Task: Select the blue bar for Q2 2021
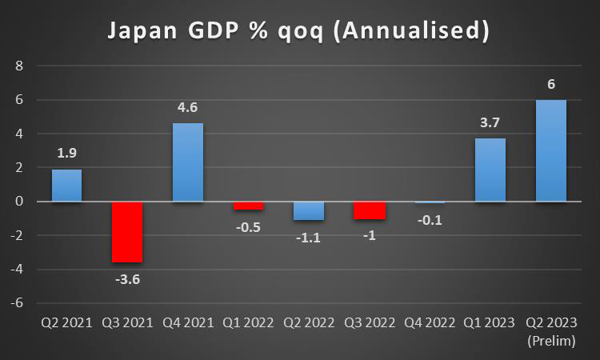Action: click(67, 186)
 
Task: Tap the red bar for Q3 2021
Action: click(127, 231)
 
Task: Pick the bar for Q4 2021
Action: click(188, 162)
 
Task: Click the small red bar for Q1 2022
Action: click(248, 206)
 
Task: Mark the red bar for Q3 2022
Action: click(369, 210)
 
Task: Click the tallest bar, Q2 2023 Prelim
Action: click(550, 150)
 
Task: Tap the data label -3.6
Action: click(127, 279)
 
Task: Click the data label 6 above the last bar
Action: click(551, 83)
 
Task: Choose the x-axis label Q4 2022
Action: click(430, 324)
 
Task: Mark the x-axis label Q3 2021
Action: click(127, 324)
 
